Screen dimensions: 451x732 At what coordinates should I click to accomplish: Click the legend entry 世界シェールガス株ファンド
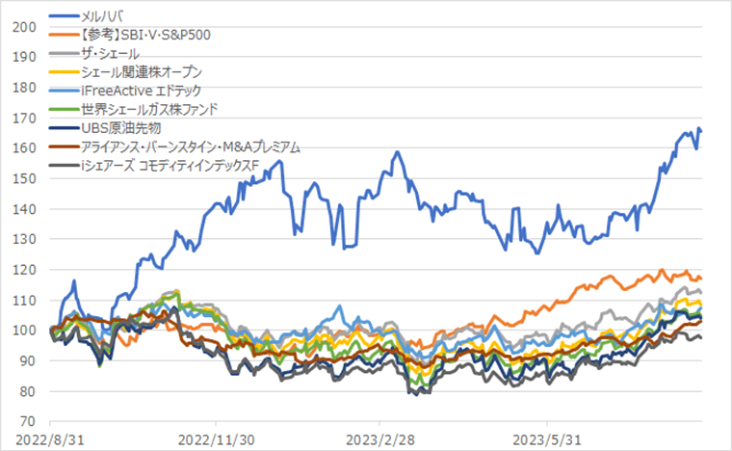click(x=150, y=109)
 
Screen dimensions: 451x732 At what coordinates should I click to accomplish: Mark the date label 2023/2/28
click(x=379, y=439)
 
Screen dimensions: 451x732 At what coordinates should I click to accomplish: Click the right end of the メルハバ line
click(x=700, y=131)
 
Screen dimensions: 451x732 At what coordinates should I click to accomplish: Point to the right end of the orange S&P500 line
click(x=700, y=279)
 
